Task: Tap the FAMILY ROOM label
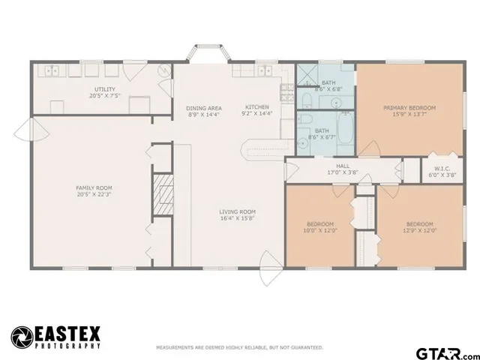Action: point(94,187)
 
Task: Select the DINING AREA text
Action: point(204,108)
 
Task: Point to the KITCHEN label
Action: point(256,106)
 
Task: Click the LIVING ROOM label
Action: point(237,211)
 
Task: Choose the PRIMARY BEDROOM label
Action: point(409,108)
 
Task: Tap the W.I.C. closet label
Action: point(439,167)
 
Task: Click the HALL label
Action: point(343,166)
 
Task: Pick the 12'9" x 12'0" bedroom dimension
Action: point(419,230)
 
